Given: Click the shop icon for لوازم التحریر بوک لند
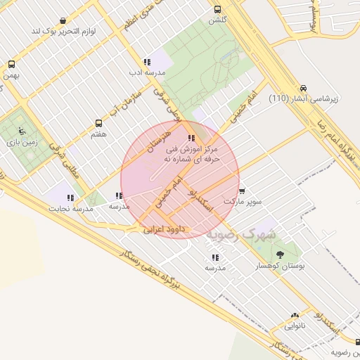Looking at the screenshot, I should pos(65,20).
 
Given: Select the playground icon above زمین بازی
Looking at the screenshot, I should pos(21,130).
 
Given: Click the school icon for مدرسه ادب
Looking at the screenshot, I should pos(146,62).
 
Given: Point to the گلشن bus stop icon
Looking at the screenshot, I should pos(217,10).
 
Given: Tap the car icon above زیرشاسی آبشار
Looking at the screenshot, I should pos(303,89).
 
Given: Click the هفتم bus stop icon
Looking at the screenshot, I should pos(98,122).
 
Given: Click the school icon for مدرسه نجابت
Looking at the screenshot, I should pos(70,198).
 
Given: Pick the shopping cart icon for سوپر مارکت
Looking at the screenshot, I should pos(242,191).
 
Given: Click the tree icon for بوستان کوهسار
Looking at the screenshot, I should pos(281,254).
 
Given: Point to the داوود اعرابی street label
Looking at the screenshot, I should pos(163,229).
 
